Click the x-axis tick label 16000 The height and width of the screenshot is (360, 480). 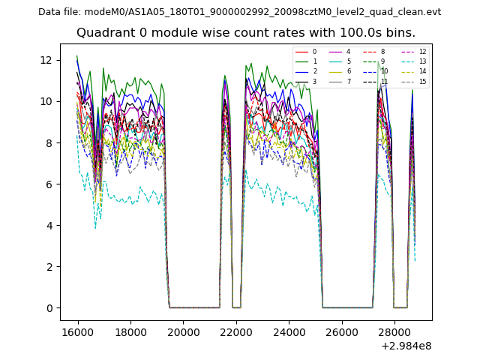click(77, 332)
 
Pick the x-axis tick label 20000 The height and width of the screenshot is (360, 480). click(183, 332)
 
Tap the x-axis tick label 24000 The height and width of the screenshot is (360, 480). click(289, 332)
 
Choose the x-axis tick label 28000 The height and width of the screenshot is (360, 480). click(394, 332)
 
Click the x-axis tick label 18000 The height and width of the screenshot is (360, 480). click(130, 332)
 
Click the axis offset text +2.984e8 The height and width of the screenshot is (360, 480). click(406, 346)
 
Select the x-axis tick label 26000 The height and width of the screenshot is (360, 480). click(341, 332)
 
